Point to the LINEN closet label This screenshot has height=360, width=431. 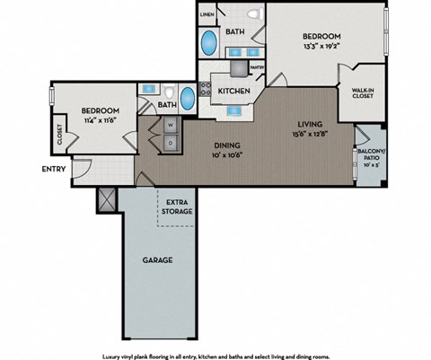207,15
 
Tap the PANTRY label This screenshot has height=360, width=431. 256,67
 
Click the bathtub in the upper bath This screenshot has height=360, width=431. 208,42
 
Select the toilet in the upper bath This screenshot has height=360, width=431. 254,14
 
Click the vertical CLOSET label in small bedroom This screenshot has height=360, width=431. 60,135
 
